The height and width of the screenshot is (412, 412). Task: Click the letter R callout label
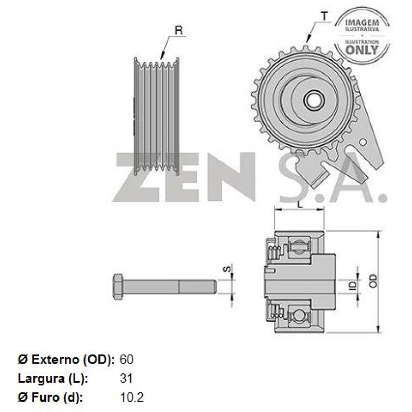click(x=178, y=31)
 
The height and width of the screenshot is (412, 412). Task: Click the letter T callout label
click(x=324, y=16)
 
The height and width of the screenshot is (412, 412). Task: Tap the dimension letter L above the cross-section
click(x=300, y=203)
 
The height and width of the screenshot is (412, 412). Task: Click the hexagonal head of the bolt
click(x=118, y=287)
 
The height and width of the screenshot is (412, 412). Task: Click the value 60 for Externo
click(x=126, y=359)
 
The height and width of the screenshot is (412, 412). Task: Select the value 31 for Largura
click(x=126, y=379)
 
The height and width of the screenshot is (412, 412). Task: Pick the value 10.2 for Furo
click(x=131, y=398)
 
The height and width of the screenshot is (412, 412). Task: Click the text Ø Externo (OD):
click(x=66, y=359)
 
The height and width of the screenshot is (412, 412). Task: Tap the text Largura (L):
click(x=54, y=379)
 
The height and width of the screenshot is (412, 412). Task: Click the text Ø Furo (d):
click(x=50, y=398)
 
